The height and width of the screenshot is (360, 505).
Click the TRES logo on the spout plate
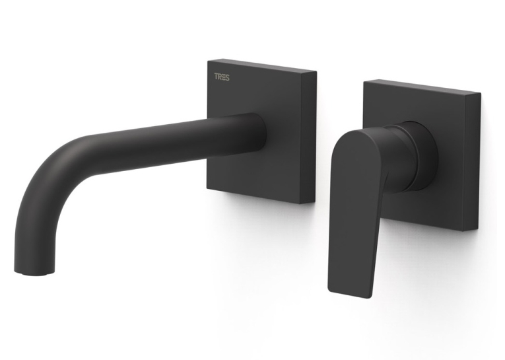point(222,77)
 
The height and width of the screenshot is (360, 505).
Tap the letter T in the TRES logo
point(217,77)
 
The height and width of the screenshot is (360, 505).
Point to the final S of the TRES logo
point(227,77)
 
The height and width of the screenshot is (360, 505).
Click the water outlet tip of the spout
point(35,273)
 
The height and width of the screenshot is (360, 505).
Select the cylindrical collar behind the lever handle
point(419,155)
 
